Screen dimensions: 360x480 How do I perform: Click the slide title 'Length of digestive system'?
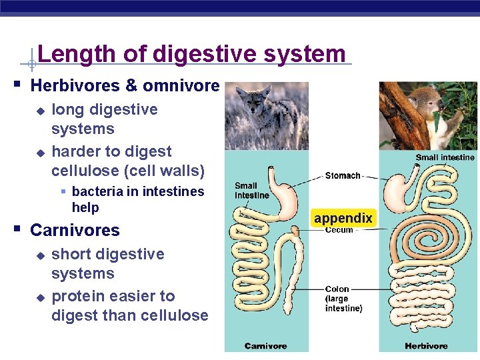pyautogui.click(x=191, y=53)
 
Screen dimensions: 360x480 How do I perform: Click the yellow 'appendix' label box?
pyautogui.click(x=343, y=218)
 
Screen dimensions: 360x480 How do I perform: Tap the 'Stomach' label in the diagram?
pyautogui.click(x=343, y=175)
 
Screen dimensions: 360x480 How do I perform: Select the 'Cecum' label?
pyautogui.click(x=339, y=231)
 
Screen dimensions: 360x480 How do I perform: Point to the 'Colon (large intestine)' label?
pyautogui.click(x=343, y=299)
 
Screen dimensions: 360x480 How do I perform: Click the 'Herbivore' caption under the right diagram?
pyautogui.click(x=427, y=346)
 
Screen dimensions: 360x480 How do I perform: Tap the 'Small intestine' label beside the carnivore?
pyautogui.click(x=251, y=191)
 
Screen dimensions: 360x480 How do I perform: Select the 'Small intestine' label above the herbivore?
pyautogui.click(x=445, y=157)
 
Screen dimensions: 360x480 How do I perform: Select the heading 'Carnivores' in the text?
pyautogui.click(x=75, y=231)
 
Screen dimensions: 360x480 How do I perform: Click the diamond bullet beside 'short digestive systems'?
pyautogui.click(x=40, y=255)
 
